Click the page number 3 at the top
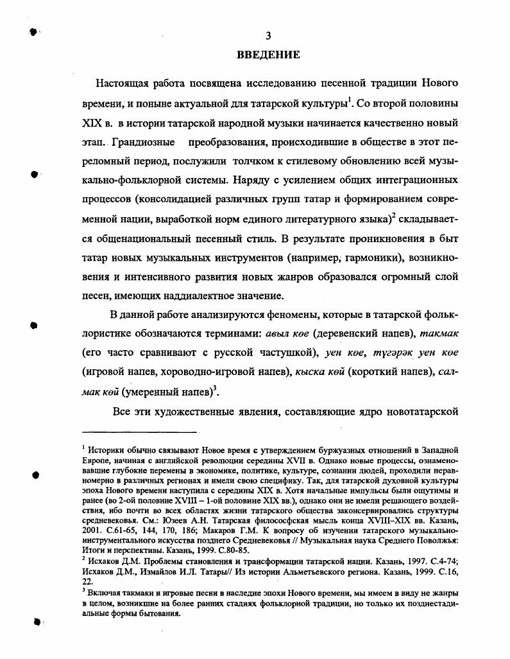(269, 35)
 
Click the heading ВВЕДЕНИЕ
(269, 54)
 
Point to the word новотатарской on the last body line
(420, 410)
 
